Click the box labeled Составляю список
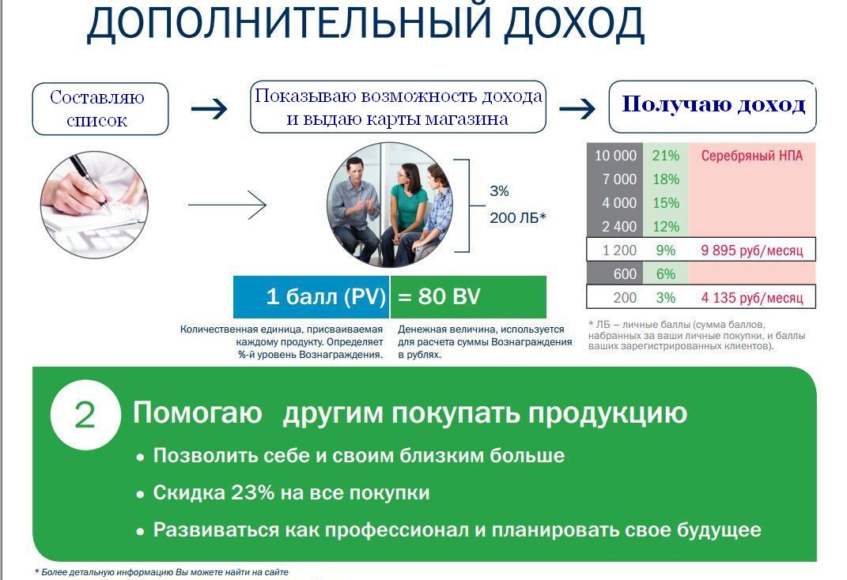point(100,108)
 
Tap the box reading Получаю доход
point(713,107)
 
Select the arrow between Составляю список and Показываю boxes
point(209,108)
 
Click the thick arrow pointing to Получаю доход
point(577,108)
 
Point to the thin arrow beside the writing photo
point(227,205)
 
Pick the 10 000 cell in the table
point(614,156)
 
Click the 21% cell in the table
point(666,156)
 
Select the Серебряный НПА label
point(752,156)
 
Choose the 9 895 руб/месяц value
point(752,250)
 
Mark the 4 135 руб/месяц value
point(752,298)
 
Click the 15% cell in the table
point(666,203)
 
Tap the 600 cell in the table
point(614,274)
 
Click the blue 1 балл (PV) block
point(311,297)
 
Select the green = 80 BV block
point(468,297)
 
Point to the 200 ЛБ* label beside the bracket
point(518,218)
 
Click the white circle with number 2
point(85,415)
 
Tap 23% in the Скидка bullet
point(253,492)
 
